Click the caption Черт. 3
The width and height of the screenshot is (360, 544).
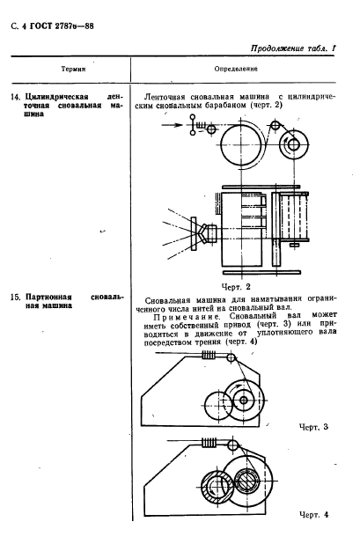coord(313,426)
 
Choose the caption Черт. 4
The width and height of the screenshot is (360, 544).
coord(313,514)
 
